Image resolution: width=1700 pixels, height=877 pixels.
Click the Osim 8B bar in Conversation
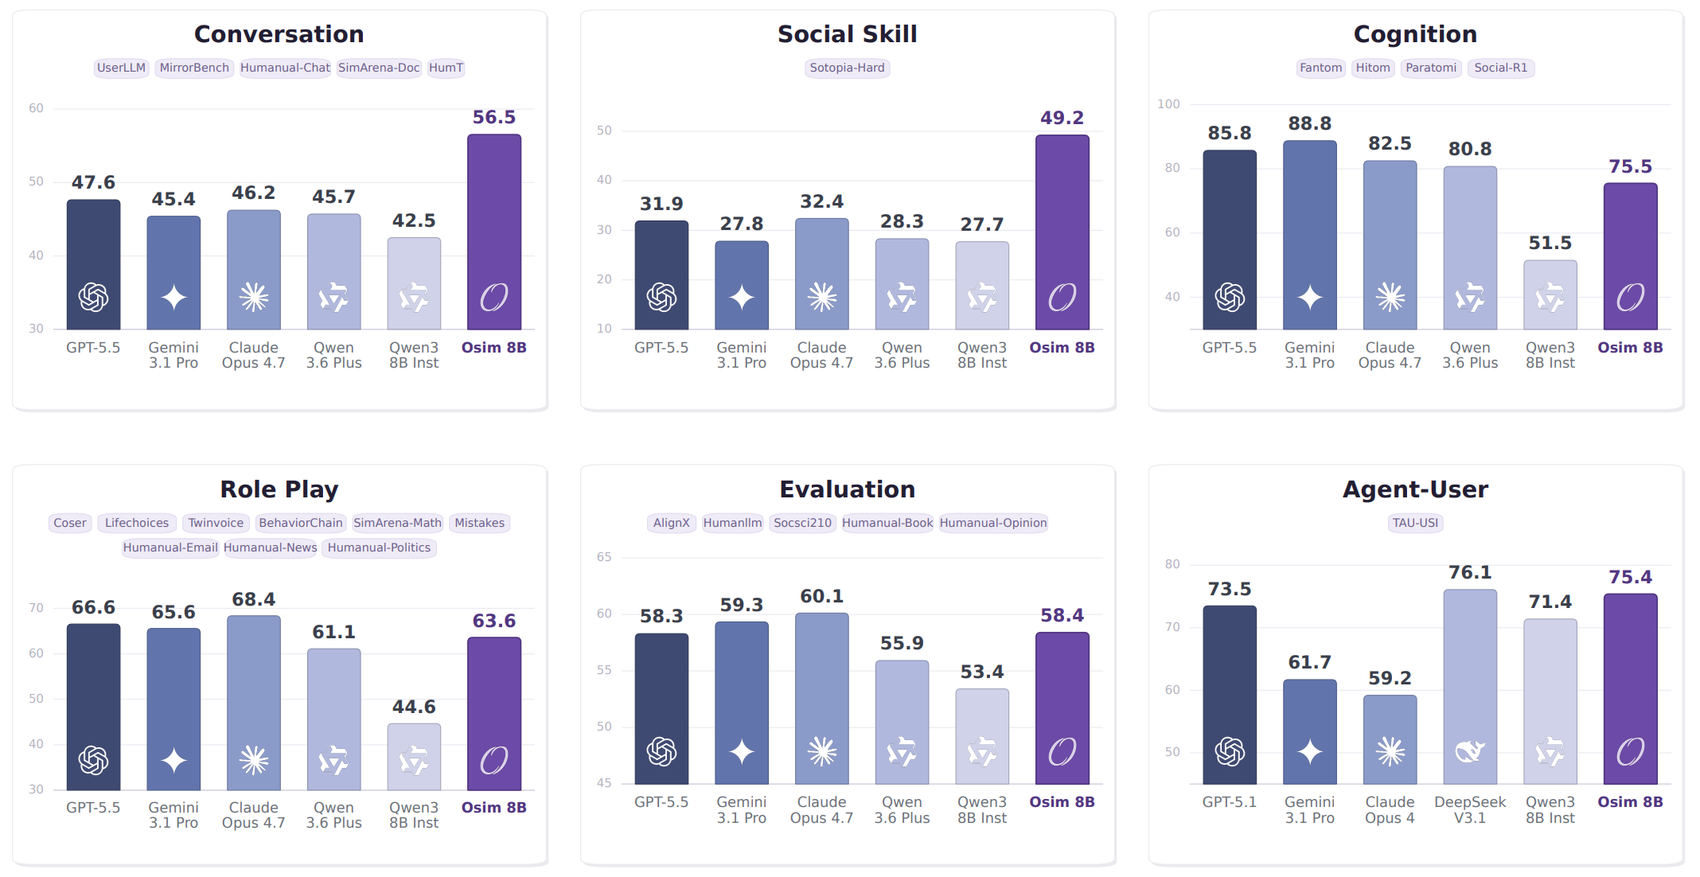pyautogui.click(x=494, y=232)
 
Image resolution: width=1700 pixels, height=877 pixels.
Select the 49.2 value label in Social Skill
pyautogui.click(x=1062, y=118)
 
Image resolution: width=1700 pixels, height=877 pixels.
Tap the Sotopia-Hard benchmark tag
pyautogui.click(x=847, y=68)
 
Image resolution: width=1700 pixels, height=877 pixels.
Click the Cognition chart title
pyautogui.click(x=1415, y=34)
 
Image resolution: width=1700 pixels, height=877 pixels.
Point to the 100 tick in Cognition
pyautogui.click(x=1168, y=104)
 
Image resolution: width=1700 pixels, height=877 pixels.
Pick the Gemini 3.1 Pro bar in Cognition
pyautogui.click(x=1310, y=235)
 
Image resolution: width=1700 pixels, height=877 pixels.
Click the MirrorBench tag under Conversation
pyautogui.click(x=194, y=68)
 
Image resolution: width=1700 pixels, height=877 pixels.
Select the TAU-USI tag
pyautogui.click(x=1415, y=523)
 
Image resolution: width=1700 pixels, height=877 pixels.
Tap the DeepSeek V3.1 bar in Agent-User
pyautogui.click(x=1470, y=687)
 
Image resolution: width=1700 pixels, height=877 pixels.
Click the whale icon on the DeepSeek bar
pyautogui.click(x=1470, y=751)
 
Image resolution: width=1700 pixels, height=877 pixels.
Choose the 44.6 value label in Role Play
pyautogui.click(x=414, y=707)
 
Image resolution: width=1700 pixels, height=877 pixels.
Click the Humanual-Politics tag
pyautogui.click(x=379, y=548)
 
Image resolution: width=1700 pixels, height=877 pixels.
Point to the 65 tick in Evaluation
pyautogui.click(x=604, y=557)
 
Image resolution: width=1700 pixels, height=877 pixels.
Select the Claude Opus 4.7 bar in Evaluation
pyautogui.click(x=822, y=699)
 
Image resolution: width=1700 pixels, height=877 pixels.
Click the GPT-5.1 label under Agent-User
pyautogui.click(x=1230, y=802)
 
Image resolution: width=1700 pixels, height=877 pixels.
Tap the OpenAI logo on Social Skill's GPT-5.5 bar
pyautogui.click(x=661, y=297)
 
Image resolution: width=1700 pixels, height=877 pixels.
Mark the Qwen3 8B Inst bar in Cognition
pyautogui.click(x=1550, y=294)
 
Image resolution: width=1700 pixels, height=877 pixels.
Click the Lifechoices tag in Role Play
pyautogui.click(x=137, y=523)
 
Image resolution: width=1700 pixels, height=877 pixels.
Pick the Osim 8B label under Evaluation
pyautogui.click(x=1062, y=802)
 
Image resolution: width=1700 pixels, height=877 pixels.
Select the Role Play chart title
pyautogui.click(x=279, y=489)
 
